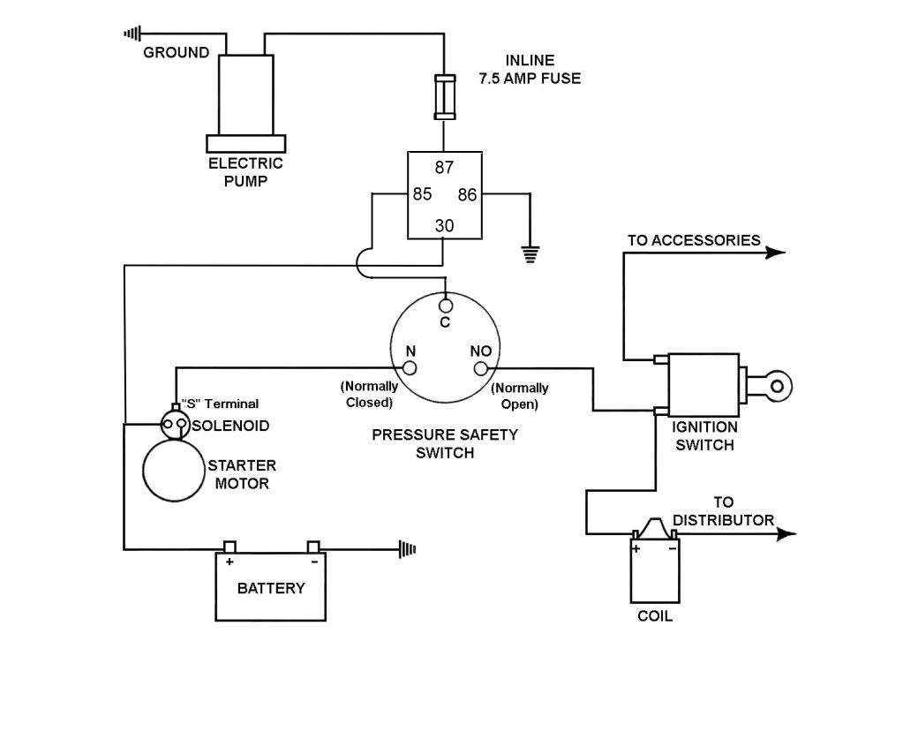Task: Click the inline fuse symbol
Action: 443,96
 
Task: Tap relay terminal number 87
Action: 444,168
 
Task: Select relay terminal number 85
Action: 422,194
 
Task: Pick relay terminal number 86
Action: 467,194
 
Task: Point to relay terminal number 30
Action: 444,226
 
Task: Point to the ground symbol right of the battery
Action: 407,549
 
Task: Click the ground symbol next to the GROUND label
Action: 132,34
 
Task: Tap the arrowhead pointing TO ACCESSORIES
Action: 774,253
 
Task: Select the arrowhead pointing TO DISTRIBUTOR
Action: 785,533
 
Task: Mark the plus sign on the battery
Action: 229,562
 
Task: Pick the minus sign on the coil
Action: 672,548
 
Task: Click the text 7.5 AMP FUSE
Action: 530,79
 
